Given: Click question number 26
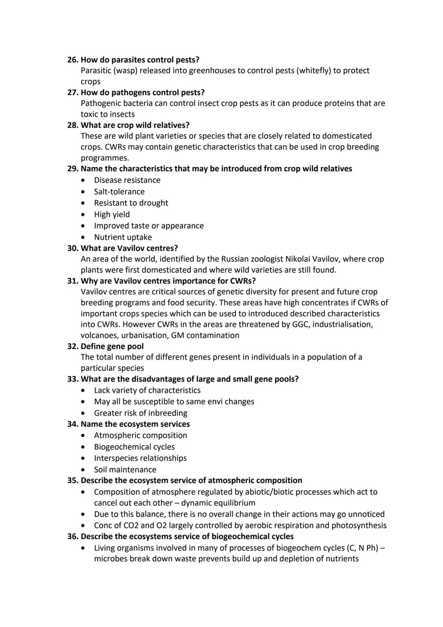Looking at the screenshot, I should [x=73, y=60].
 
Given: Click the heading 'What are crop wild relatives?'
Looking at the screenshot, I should [x=135, y=125].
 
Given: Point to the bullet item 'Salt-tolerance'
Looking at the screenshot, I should [x=119, y=192].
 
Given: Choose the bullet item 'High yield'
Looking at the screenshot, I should [x=112, y=214].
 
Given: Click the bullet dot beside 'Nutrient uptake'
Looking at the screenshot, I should [x=84, y=237].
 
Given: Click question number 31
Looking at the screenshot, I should [x=73, y=281].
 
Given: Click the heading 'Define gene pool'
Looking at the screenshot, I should [x=112, y=346].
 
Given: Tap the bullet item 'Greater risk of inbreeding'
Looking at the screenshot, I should [x=140, y=413].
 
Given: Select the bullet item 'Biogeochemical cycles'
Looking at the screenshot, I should [x=134, y=447].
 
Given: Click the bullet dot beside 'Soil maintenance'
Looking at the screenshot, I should [x=84, y=470].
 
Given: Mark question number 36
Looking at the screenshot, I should [x=73, y=537].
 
